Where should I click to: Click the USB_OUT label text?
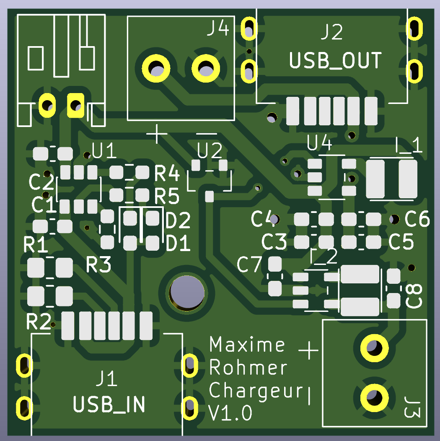pyautogui.click(x=335, y=61)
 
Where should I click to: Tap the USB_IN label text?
pyautogui.click(x=109, y=405)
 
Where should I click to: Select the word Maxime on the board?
pyautogui.click(x=247, y=345)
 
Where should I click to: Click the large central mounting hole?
pyautogui.click(x=187, y=292)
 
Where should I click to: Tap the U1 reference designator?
pyautogui.click(x=104, y=152)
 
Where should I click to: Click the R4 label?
pyautogui.click(x=167, y=173)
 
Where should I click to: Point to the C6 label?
pyautogui.click(x=417, y=219)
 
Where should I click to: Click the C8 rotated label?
pyautogui.click(x=414, y=296)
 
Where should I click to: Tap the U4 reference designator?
pyautogui.click(x=320, y=143)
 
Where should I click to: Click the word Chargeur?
pyautogui.click(x=256, y=391)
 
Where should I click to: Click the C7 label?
pyautogui.click(x=249, y=265)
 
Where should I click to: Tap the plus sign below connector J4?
pyautogui.click(x=157, y=134)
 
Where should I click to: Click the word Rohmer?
pyautogui.click(x=248, y=368)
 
